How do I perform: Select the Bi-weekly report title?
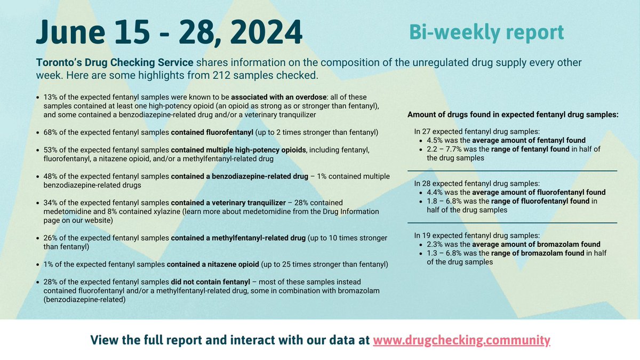tap(486, 32)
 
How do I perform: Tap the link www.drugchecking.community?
tap(461, 340)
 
